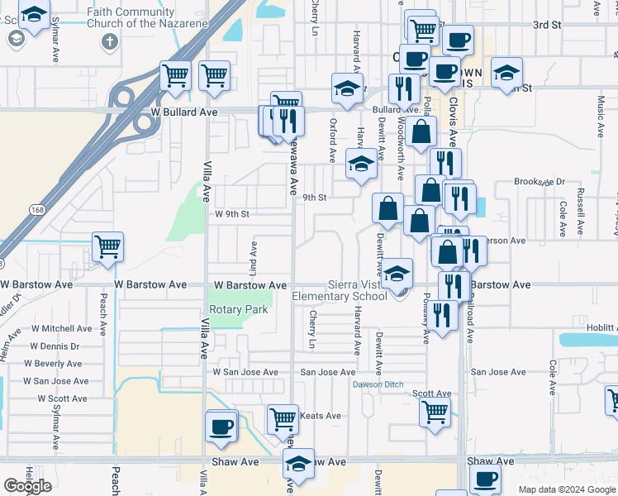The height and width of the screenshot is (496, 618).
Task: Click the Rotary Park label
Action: [x=238, y=309]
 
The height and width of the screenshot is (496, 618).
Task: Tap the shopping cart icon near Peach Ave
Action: [x=107, y=246]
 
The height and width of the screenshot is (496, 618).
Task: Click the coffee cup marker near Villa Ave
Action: [x=221, y=427]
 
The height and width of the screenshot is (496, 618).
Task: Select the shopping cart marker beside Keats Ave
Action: [x=283, y=418]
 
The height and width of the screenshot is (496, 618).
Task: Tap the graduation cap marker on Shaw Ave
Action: [x=298, y=464]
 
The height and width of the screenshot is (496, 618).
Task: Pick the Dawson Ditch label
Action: [x=378, y=384]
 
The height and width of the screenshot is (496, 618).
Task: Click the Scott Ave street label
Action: [x=432, y=394]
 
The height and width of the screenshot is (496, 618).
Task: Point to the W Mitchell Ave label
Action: [x=62, y=328]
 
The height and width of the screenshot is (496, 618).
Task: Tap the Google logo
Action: [x=28, y=486]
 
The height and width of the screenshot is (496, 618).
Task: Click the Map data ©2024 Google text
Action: [x=567, y=489]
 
